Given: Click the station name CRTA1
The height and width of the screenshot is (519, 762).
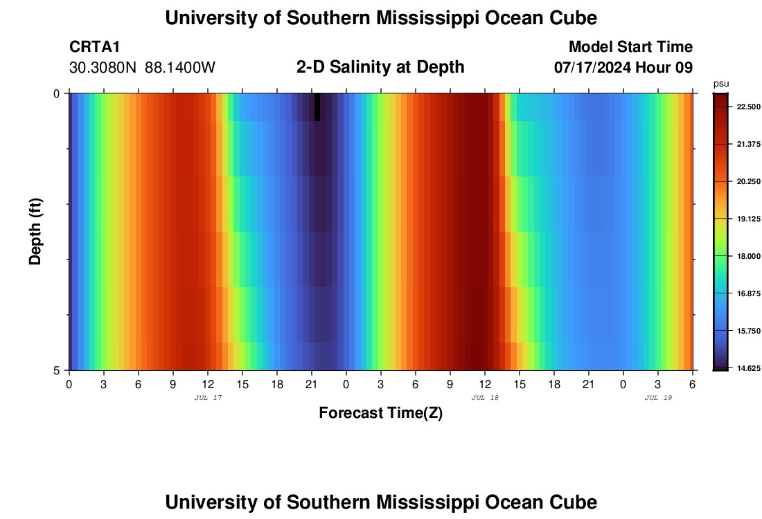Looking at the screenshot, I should click(x=95, y=47).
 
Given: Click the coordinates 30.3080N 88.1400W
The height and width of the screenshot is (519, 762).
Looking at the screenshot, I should click(x=143, y=68).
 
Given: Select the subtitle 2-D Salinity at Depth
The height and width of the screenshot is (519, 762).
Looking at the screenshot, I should click(x=380, y=67).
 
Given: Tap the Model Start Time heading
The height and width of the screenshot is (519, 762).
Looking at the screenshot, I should click(x=630, y=47).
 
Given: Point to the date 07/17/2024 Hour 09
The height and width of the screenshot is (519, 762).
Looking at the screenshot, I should click(x=623, y=68).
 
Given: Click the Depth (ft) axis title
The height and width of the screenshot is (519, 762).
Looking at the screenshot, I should click(x=35, y=232).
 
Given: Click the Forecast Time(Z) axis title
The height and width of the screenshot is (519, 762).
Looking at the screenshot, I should click(x=380, y=413).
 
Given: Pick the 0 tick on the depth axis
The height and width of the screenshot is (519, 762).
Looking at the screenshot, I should click(x=57, y=93).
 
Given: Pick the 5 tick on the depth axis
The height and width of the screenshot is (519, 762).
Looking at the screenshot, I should click(x=57, y=370).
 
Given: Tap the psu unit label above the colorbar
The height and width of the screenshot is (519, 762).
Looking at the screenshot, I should click(x=721, y=83).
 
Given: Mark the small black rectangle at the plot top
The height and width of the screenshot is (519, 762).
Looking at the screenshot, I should click(x=317, y=107).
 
